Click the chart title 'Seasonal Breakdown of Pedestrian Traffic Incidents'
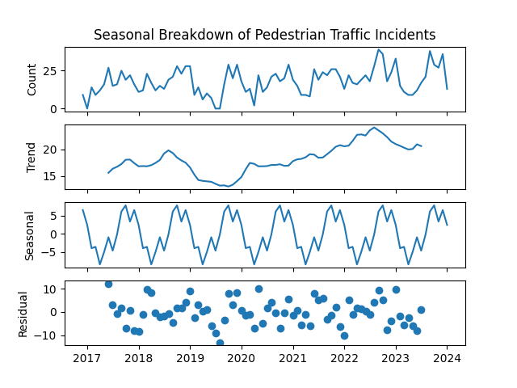(x=264, y=35)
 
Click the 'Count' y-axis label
(x=32, y=79)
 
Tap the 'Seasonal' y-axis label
(x=29, y=234)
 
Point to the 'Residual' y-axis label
(x=23, y=313)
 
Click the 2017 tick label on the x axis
(x=87, y=358)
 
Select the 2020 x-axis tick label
(x=242, y=358)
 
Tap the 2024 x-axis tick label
(x=447, y=358)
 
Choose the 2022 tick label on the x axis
(x=344, y=358)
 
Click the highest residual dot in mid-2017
(x=108, y=284)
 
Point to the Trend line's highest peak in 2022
(x=374, y=128)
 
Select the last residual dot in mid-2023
(x=421, y=310)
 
